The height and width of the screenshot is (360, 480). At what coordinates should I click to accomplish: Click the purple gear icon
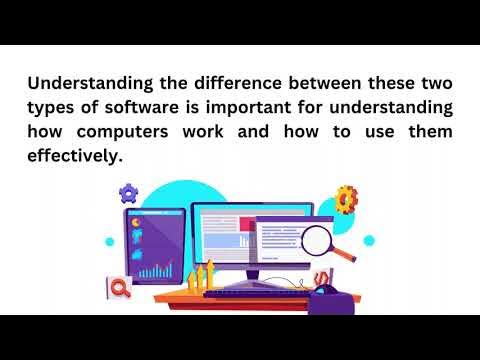128,191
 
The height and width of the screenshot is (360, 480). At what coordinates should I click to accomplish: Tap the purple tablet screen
154,244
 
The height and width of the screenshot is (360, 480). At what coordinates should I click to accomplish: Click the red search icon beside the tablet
120,288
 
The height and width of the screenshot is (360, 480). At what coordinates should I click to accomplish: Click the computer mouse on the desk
327,291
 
